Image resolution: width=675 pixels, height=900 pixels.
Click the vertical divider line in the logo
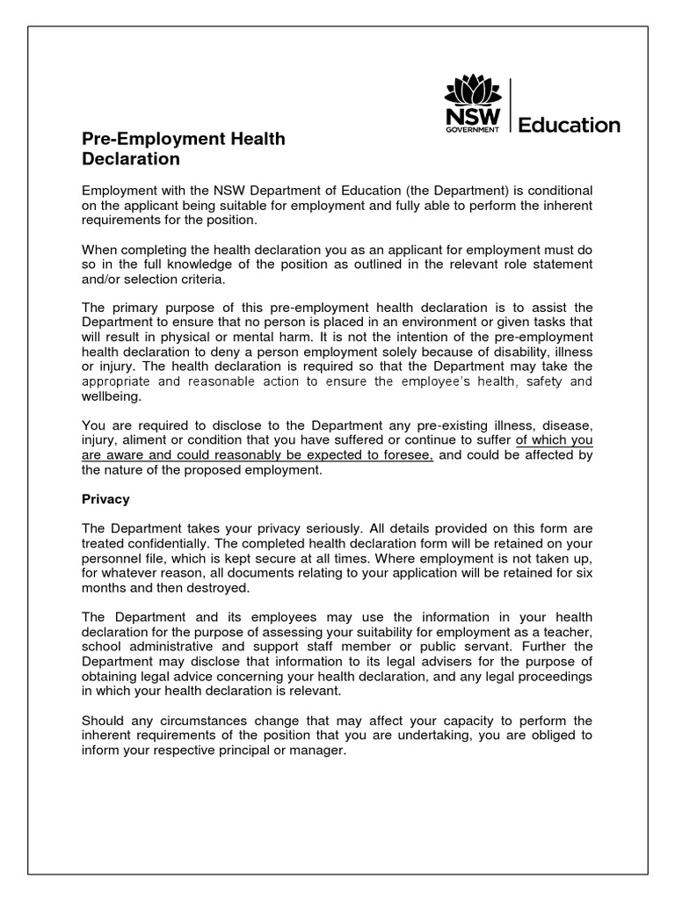(510, 105)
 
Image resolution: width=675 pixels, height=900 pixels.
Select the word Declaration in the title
(131, 159)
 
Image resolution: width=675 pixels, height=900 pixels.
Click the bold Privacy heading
(105, 498)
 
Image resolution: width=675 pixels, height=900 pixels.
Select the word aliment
(145, 441)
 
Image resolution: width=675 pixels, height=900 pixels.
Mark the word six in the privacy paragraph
(583, 571)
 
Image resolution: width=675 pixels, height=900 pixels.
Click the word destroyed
(201, 586)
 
